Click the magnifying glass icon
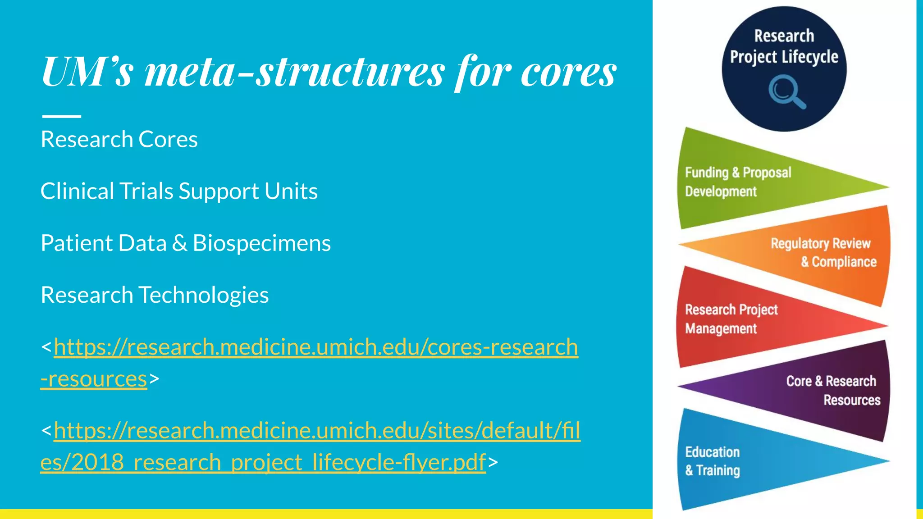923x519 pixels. pos(786,92)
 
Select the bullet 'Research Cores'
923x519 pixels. pos(119,139)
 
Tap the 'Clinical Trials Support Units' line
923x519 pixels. pos(179,191)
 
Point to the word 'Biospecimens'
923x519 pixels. pos(261,243)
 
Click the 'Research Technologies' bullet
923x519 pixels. pos(155,295)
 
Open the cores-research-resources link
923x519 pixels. pos(315,347)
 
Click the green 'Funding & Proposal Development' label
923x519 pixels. pos(738,182)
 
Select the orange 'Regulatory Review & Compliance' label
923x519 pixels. pos(823,252)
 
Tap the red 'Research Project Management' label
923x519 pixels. pos(731,319)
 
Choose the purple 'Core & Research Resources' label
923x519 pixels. pos(832,390)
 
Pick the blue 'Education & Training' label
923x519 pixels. pos(712,461)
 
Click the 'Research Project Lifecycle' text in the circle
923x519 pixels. pos(784,46)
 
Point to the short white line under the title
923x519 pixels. pos(62,116)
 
